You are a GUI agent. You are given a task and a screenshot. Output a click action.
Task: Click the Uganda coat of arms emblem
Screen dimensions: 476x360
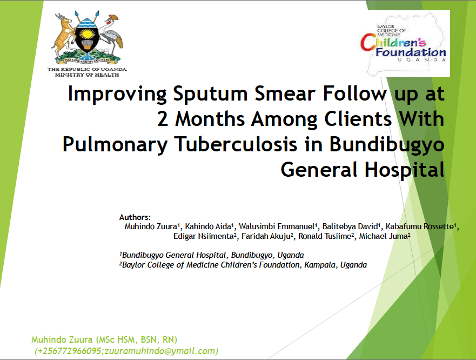[x=87, y=38]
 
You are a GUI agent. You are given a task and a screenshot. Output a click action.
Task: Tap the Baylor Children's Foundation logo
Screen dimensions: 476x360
[x=404, y=43]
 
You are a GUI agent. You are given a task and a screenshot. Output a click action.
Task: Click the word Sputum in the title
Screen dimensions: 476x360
[x=210, y=94]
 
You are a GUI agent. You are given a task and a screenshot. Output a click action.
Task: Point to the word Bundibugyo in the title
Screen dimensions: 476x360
[x=387, y=145]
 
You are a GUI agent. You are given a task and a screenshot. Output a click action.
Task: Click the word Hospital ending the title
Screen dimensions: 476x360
[x=405, y=170]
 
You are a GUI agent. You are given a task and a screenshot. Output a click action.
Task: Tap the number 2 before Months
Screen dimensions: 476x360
[x=163, y=119]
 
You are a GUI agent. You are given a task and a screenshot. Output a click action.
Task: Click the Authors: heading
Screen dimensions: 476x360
[x=135, y=217]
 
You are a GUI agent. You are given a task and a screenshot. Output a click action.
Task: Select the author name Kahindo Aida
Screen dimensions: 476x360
[x=208, y=226]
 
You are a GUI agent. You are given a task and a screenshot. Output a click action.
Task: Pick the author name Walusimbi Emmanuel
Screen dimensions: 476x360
[x=277, y=226]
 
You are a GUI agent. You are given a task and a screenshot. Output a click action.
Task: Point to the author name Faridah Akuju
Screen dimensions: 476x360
[x=266, y=236]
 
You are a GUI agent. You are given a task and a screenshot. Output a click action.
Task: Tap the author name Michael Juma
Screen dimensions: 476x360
[x=384, y=236]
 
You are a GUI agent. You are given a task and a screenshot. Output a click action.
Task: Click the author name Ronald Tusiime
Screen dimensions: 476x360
[x=325, y=236]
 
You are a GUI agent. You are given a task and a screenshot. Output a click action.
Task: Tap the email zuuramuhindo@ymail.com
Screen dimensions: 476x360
[x=160, y=351]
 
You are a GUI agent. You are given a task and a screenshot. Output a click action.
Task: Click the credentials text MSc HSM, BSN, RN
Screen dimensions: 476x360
[x=136, y=339]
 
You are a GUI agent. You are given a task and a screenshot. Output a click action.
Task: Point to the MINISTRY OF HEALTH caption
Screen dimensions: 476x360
[x=87, y=75]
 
